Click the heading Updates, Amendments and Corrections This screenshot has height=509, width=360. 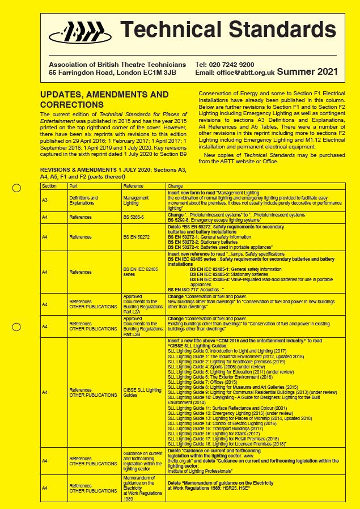click(104, 100)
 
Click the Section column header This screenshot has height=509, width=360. click(49, 186)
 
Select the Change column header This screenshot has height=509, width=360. click(175, 186)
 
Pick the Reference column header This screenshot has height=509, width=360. click(133, 186)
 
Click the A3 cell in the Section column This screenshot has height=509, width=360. click(45, 200)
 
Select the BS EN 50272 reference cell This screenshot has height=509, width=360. click(137, 236)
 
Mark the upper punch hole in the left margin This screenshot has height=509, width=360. click(16, 188)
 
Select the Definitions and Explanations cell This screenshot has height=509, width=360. click(83, 200)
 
